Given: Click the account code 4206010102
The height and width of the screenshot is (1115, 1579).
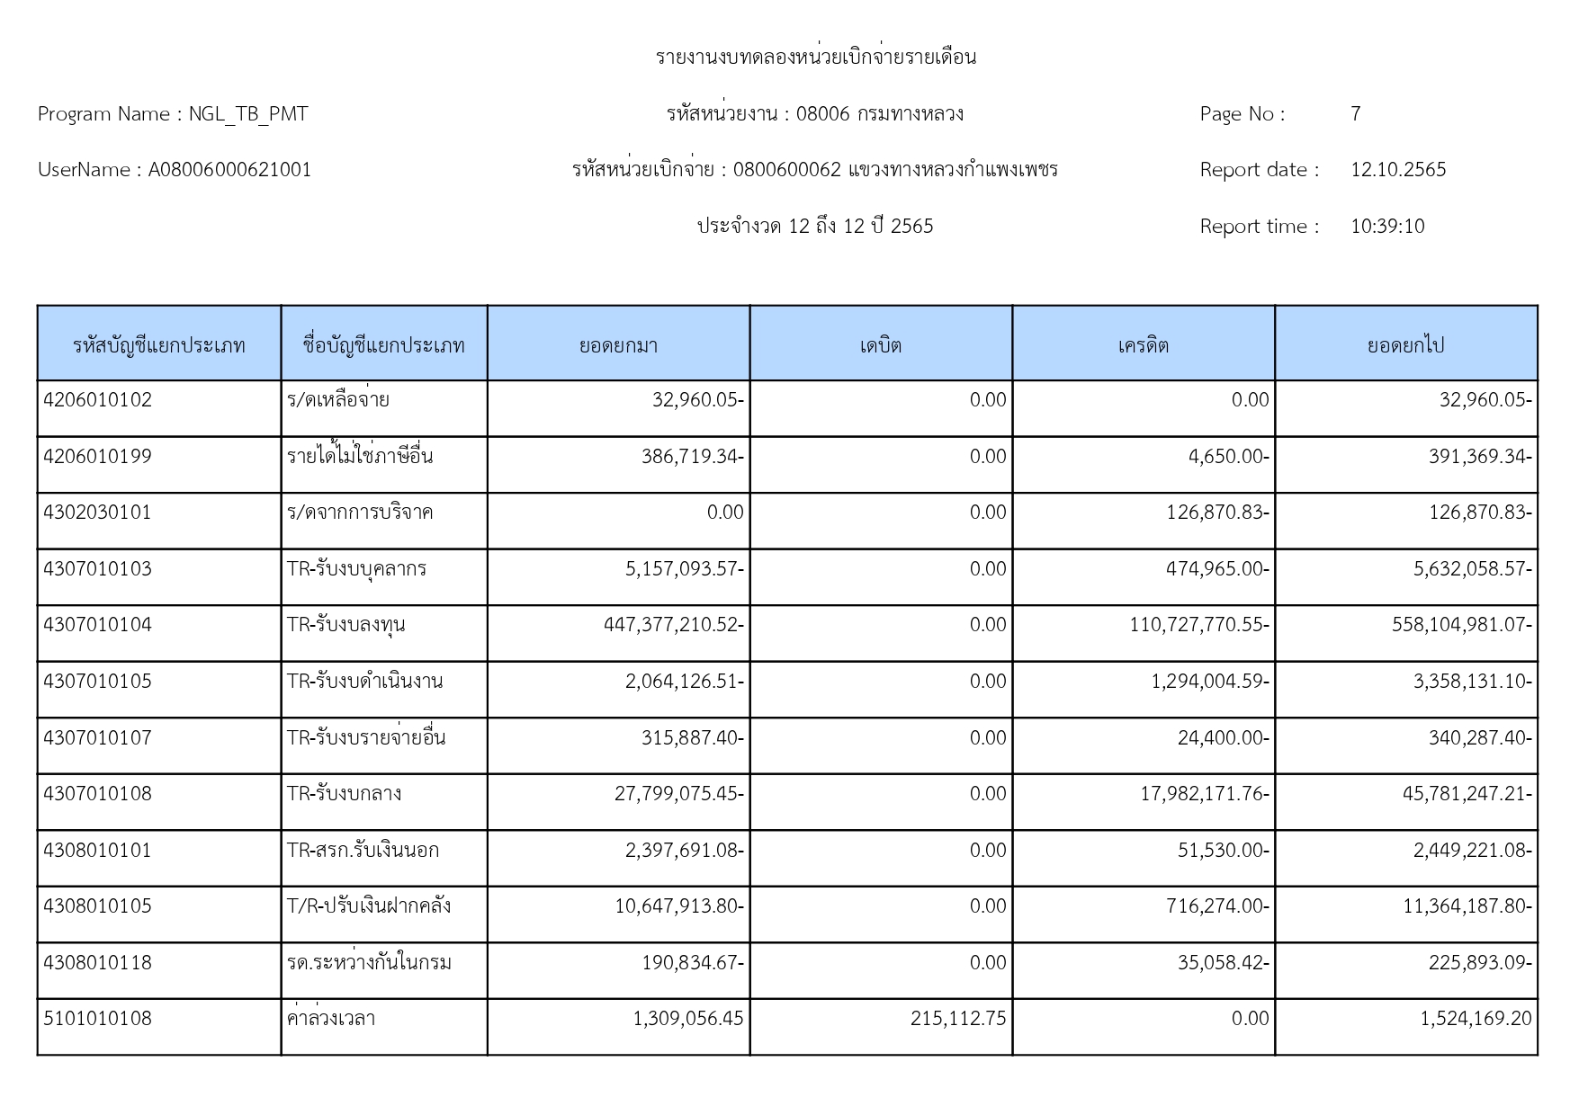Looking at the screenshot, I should (x=98, y=400).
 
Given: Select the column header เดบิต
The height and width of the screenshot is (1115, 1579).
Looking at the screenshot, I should (x=880, y=345).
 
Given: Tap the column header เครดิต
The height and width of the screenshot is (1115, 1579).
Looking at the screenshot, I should (x=1143, y=345).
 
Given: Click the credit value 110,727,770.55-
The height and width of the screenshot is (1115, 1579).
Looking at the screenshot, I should (x=1199, y=625).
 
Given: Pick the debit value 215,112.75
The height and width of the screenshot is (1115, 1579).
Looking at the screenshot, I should (x=958, y=1019).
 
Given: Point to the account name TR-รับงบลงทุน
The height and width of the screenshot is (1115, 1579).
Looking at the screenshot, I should (x=345, y=625).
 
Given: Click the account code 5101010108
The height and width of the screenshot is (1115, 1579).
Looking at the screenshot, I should (x=98, y=1019).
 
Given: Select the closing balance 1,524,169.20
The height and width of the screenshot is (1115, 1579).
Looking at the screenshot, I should (x=1476, y=1019).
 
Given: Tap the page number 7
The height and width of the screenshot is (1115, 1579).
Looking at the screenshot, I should (x=1355, y=114).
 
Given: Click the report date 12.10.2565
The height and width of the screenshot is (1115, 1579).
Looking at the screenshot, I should (x=1398, y=170).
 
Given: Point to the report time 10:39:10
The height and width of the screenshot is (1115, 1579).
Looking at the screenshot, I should (x=1387, y=227).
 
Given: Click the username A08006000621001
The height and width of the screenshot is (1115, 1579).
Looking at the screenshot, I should (x=229, y=170).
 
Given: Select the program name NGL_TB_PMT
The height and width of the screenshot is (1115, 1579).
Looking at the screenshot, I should (x=248, y=114).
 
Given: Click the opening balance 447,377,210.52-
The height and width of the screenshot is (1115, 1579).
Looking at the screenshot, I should (x=674, y=625).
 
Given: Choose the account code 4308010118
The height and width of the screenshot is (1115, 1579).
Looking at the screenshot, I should (x=98, y=963).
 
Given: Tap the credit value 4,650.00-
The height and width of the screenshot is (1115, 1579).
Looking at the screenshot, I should (x=1228, y=457).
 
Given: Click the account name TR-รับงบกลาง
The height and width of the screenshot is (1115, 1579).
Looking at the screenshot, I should (x=344, y=794).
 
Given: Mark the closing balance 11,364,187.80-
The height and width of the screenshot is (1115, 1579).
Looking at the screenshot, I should (x=1467, y=906).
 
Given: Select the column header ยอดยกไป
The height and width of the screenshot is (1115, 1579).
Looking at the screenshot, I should (x=1405, y=345).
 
